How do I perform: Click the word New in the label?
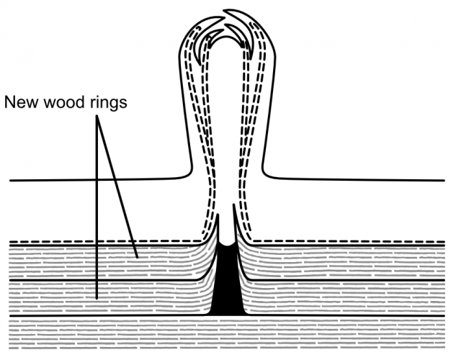(x=22, y=102)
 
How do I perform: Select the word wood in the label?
(x=63, y=102)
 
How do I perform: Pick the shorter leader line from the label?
(x=117, y=187)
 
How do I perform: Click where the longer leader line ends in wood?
(x=95, y=297)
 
